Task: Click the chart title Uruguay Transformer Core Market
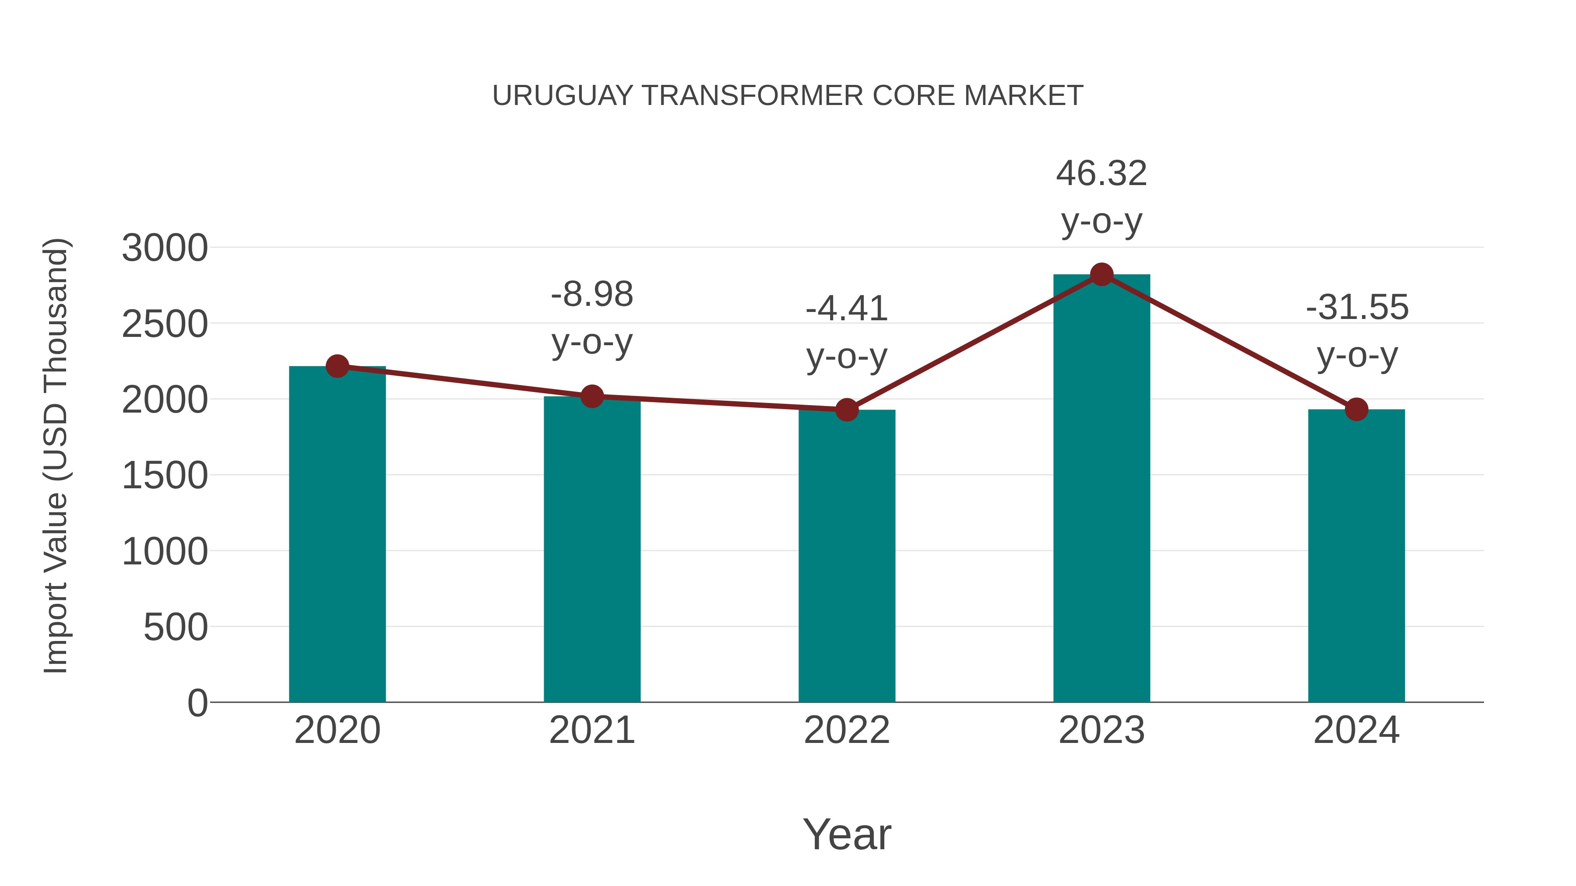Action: (788, 96)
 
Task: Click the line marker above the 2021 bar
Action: (591, 396)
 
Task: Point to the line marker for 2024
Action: (1356, 409)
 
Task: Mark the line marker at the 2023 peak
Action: (1101, 274)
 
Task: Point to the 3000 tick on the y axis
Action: (165, 248)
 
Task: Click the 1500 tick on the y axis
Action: (165, 476)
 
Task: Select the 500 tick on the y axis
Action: (176, 627)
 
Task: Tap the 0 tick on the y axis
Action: (197, 703)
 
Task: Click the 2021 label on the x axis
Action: (591, 730)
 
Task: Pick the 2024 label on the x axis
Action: (1356, 730)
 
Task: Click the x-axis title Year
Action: (847, 834)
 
